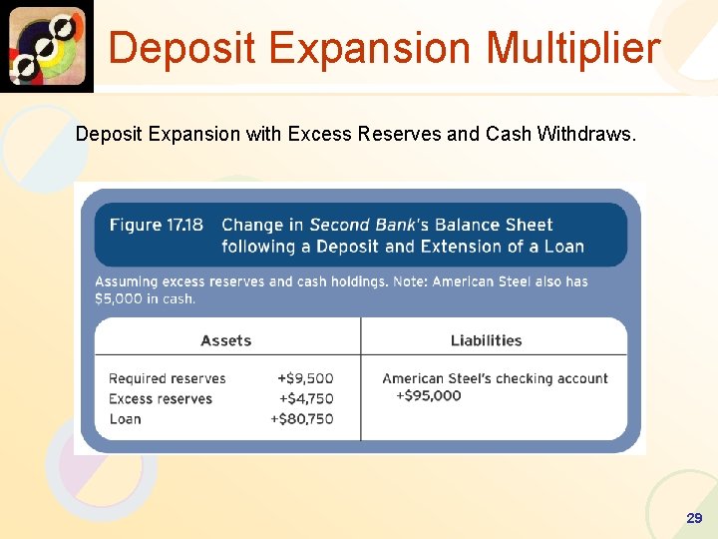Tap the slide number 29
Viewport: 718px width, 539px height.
point(694,518)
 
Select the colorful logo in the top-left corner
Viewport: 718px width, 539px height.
point(46,46)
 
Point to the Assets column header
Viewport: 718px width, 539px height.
point(226,340)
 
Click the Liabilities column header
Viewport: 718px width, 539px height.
point(486,340)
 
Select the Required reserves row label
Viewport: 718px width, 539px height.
point(168,378)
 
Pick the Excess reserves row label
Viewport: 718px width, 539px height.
point(161,398)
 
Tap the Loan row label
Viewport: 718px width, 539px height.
point(125,418)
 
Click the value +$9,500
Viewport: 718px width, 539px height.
point(305,378)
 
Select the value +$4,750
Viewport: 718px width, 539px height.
point(305,398)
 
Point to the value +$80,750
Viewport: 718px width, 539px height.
point(302,418)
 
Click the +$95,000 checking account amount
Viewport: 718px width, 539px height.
point(429,395)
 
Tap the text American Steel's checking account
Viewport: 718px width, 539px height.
point(495,378)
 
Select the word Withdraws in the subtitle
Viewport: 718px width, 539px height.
point(587,134)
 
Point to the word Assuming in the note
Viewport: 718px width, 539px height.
point(126,281)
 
